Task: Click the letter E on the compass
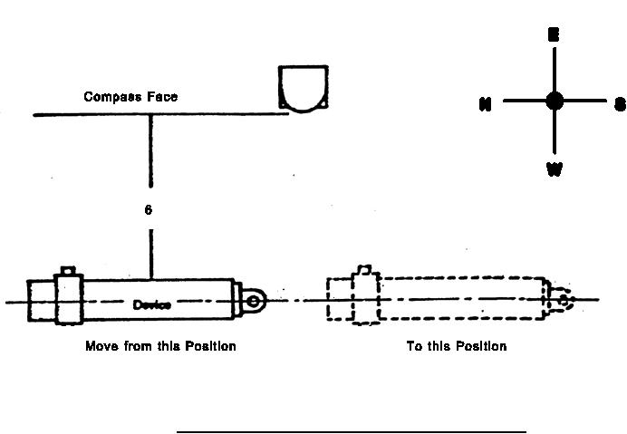click(554, 35)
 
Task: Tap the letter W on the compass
click(554, 169)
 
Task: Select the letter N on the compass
click(486, 104)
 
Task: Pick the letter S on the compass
click(620, 104)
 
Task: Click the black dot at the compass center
click(555, 101)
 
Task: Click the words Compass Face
click(130, 96)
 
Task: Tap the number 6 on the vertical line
click(149, 210)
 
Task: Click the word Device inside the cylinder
click(151, 304)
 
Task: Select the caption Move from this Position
click(160, 346)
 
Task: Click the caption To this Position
click(457, 346)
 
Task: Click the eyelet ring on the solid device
click(256, 299)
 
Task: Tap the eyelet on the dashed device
click(564, 299)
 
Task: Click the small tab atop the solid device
click(67, 271)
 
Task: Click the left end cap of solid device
click(41, 301)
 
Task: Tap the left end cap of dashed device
click(339, 301)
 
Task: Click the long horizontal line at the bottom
click(351, 432)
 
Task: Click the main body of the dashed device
click(462, 299)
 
